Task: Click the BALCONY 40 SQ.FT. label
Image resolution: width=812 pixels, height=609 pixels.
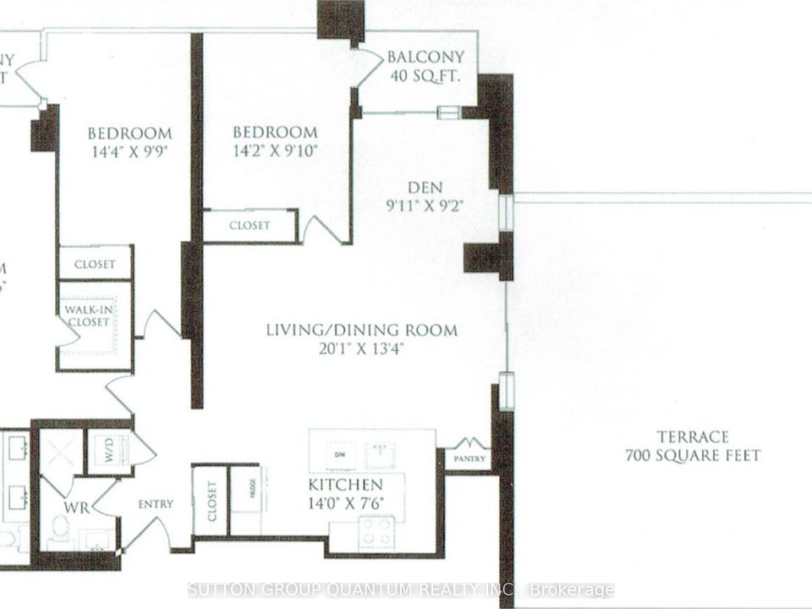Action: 425,66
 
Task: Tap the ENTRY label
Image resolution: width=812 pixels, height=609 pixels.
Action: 156,504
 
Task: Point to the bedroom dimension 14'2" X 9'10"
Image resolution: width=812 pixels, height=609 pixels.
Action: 275,155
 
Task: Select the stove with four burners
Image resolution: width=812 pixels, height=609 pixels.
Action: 376,531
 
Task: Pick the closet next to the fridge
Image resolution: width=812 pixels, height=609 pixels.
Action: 211,499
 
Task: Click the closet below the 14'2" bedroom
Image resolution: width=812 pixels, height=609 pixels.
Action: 250,226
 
